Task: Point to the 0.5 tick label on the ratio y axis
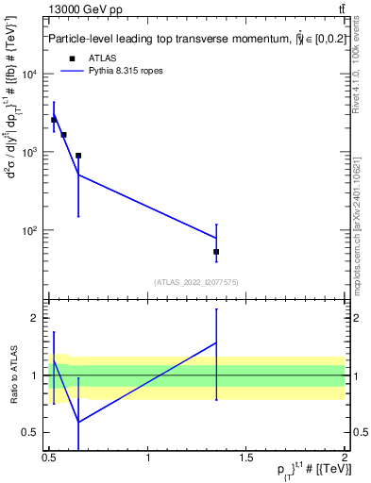34,433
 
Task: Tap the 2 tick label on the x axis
345,457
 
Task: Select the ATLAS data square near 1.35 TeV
216,252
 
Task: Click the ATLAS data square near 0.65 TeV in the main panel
78,156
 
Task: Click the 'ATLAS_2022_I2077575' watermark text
196,282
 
